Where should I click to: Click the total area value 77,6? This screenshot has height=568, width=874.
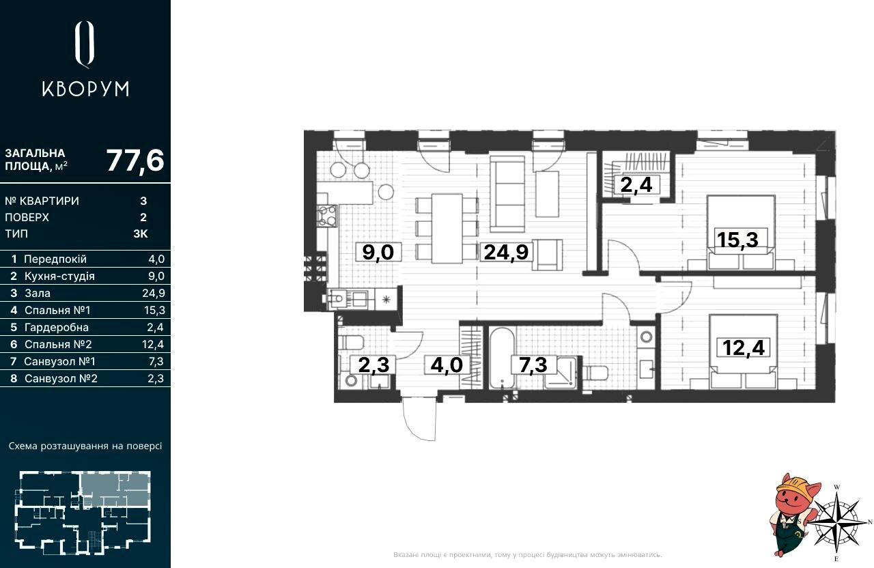click(135, 160)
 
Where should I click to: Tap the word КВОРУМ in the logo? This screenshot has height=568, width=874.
click(85, 89)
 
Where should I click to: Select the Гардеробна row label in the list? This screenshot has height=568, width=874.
click(57, 327)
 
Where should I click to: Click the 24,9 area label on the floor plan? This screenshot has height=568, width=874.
click(506, 252)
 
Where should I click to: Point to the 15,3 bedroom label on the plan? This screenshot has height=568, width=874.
click(737, 240)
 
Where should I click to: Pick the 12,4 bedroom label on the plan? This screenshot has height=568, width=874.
click(744, 347)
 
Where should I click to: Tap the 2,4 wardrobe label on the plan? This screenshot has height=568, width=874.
click(636, 184)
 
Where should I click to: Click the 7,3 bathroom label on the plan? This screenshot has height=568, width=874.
click(533, 365)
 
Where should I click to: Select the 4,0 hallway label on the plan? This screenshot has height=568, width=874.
click(447, 365)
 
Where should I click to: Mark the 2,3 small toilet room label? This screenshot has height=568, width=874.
click(373, 365)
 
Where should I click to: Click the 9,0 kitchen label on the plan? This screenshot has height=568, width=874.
click(378, 252)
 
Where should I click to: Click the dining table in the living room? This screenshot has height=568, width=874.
click(447, 228)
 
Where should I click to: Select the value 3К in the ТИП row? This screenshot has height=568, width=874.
click(141, 233)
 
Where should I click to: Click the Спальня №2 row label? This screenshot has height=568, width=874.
click(58, 345)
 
